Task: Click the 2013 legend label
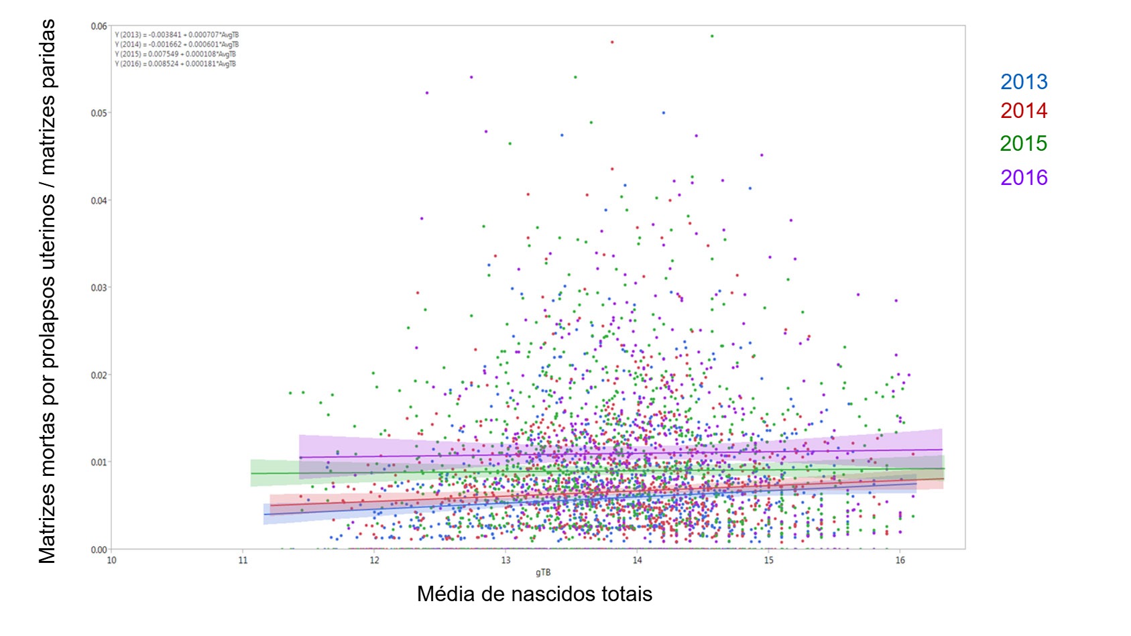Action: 1023,82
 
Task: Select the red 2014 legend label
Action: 1023,111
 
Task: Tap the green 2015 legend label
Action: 1023,143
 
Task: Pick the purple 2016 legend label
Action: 1023,178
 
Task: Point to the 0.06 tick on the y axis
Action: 99,26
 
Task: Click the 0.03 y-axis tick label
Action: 99,288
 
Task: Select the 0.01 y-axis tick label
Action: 99,462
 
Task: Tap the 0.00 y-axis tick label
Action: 99,550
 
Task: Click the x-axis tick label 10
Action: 111,560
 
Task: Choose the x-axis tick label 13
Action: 505,560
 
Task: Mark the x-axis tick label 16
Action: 900,560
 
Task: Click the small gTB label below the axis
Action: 543,572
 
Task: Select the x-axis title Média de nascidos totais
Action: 534,594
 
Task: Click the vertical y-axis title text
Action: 47,292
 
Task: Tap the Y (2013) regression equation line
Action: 176,35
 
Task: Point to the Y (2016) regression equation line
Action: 175,64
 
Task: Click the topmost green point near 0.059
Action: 712,36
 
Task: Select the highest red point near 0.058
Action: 612,42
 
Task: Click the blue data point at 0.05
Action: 664,113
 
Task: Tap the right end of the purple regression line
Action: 942,450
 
